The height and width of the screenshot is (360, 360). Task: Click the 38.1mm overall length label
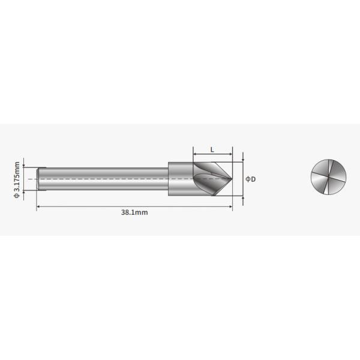point(134,212)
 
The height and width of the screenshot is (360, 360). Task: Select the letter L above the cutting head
point(212,149)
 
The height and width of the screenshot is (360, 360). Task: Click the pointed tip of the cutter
point(232,179)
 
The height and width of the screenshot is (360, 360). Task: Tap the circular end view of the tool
point(329,179)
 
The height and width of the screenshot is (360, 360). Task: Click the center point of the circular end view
point(329,179)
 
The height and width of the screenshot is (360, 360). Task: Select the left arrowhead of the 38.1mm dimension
point(39,207)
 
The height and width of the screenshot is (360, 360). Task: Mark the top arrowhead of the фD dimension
point(243,160)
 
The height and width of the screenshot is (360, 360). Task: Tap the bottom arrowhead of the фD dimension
point(243,196)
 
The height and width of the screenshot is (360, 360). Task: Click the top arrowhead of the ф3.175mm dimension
point(24,166)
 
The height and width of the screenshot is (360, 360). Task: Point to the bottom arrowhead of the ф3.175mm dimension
point(24,191)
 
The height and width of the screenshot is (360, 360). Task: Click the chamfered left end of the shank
point(40,179)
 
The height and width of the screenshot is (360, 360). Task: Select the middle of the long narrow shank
point(102,179)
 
